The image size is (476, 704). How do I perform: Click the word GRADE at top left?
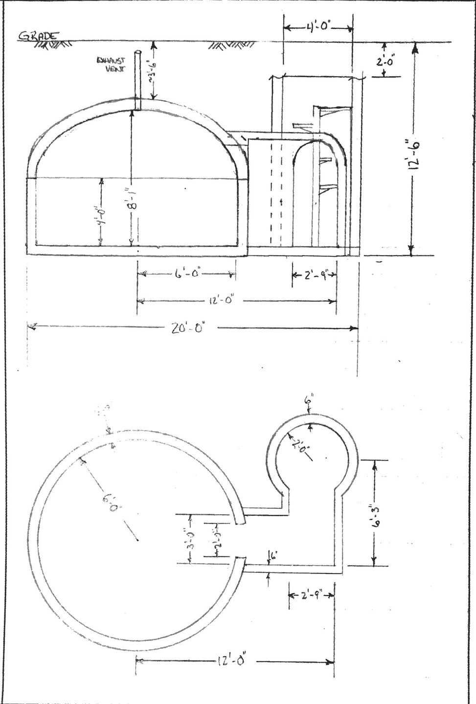coord(38,36)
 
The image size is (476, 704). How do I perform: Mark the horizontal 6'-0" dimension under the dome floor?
coord(186,274)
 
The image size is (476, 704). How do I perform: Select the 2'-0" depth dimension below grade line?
coord(392,62)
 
